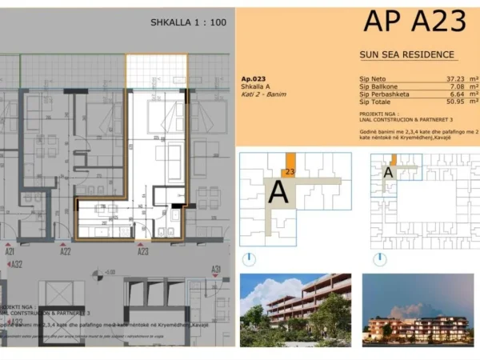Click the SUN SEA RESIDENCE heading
407,55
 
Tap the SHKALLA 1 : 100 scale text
187,22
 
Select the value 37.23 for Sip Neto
443,79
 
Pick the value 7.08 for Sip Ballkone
446,87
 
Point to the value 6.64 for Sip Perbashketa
446,95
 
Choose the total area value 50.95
443,103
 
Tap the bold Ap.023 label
252,79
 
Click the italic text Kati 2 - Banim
262,94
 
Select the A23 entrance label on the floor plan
143,251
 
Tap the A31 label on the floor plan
215,270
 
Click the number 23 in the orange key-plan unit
289,171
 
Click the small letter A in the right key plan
388,171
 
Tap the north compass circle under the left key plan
250,259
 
